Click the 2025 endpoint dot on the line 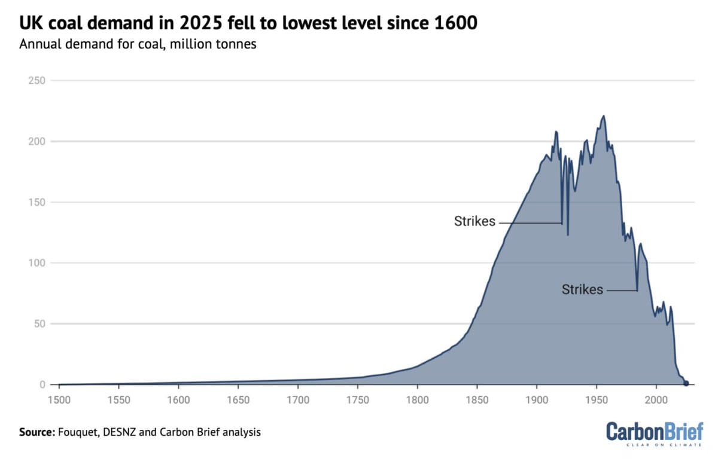tap(686, 383)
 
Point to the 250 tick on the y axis tap(36, 80)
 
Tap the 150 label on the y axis tap(36, 202)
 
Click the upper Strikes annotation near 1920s tap(475, 221)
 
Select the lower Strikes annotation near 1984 tap(582, 289)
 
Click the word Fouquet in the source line tap(75, 432)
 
